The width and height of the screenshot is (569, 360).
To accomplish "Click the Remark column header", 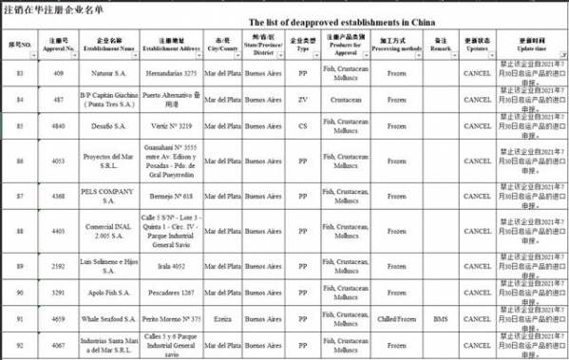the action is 440,44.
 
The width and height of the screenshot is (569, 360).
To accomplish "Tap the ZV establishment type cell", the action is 303,99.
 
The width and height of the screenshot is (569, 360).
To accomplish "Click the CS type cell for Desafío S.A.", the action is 303,125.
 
